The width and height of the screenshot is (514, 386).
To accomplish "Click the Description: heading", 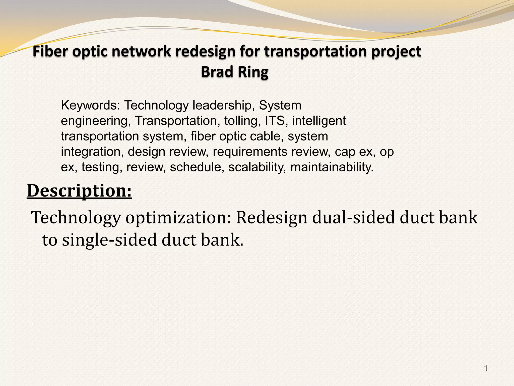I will point(79,191).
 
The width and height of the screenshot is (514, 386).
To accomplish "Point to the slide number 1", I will point(486,369).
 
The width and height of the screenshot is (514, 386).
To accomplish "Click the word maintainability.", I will point(332,167).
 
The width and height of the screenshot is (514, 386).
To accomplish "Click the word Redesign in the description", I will point(272,218).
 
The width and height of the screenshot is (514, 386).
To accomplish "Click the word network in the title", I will point(142,52).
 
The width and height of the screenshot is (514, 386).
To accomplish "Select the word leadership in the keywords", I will point(222,105).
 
